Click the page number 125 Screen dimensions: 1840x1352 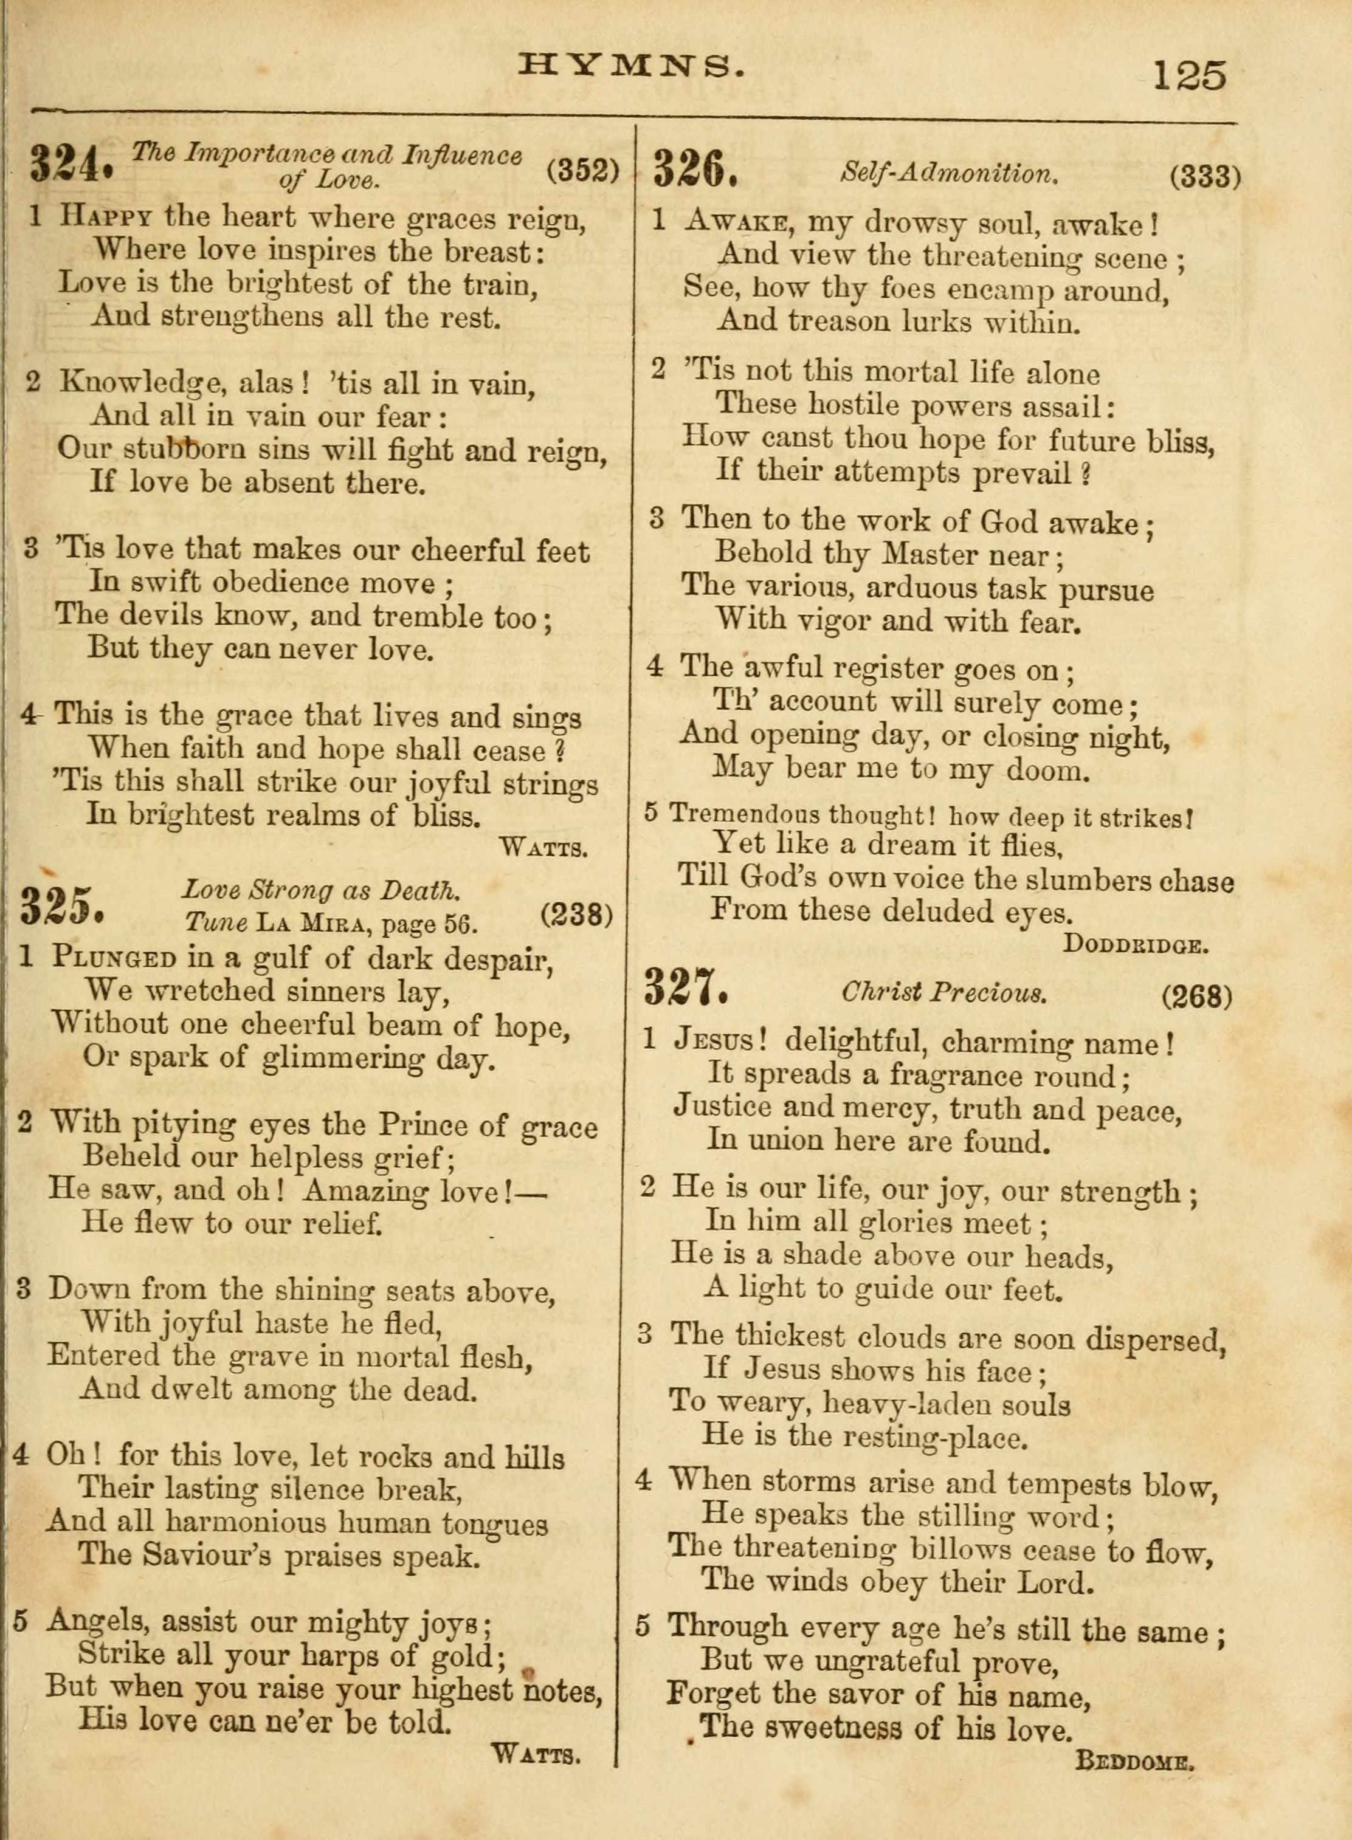[x=1189, y=75]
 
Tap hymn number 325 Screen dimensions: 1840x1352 [x=62, y=905]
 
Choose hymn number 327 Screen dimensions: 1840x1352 [x=686, y=987]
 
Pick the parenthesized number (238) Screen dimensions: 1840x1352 [x=577, y=914]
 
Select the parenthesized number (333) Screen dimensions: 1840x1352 [x=1205, y=177]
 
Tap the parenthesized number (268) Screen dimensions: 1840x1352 [x=1196, y=996]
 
